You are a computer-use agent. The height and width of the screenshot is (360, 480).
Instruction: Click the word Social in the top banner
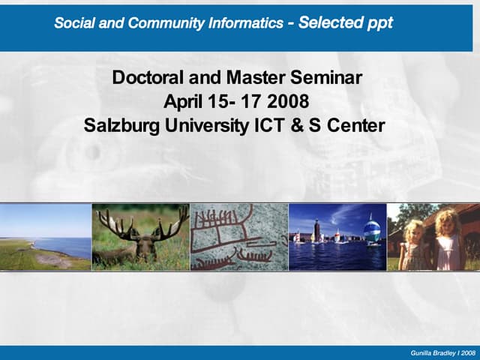[x=74, y=22]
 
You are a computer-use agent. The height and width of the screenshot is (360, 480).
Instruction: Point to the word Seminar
[x=327, y=77]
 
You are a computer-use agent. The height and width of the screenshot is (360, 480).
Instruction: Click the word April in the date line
[x=183, y=101]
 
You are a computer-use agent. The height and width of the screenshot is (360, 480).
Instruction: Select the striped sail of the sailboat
[x=371, y=227]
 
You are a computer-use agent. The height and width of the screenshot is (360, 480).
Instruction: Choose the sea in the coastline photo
[x=72, y=246]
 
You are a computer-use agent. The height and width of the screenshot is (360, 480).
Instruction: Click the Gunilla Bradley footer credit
[x=442, y=352]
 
